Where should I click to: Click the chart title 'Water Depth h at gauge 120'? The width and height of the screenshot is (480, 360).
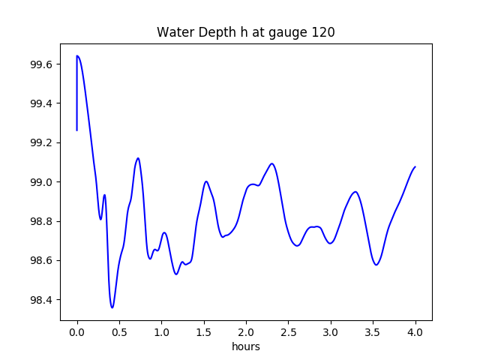(x=245, y=32)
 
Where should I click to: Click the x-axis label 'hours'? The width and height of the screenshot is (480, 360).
(x=246, y=347)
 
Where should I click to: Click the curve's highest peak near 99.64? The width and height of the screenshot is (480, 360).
(x=77, y=55)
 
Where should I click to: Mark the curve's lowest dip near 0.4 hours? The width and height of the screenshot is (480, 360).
(x=112, y=307)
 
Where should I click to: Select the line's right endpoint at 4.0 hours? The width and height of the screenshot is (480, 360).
(x=415, y=166)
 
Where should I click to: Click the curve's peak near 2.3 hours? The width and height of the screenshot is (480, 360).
(x=271, y=163)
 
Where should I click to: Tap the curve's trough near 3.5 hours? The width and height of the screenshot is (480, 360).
(x=376, y=265)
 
